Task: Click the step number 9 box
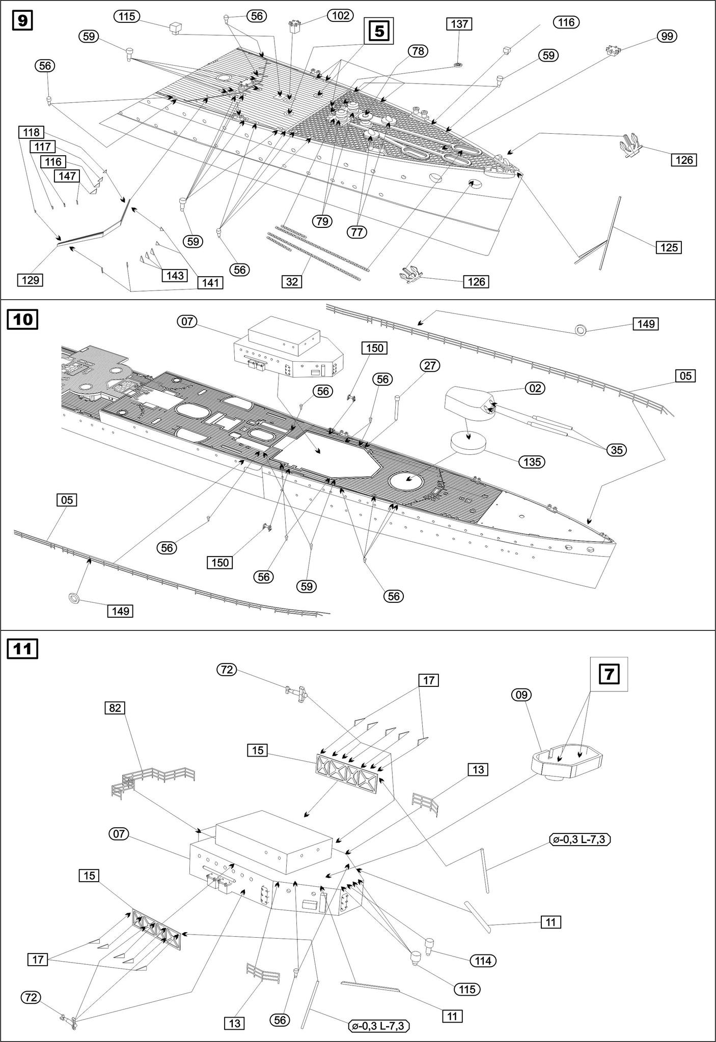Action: [22, 21]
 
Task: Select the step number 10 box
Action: [22, 320]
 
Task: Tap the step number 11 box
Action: [22, 649]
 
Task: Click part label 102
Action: [340, 16]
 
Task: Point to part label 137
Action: [458, 24]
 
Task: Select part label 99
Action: [667, 36]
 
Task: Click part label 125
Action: [669, 247]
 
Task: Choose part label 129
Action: [30, 280]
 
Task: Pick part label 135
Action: [532, 462]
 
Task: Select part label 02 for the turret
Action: [535, 388]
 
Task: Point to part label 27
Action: [430, 365]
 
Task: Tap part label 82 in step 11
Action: [116, 708]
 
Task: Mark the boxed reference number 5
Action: [379, 32]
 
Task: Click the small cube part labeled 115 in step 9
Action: [176, 28]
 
